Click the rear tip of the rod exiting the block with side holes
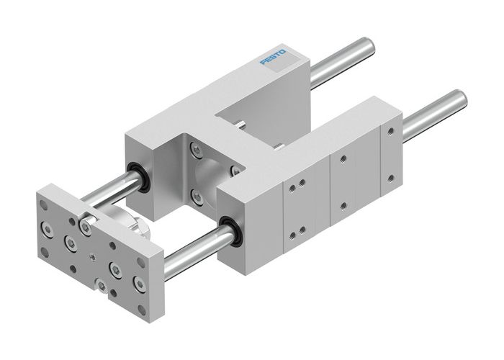457,98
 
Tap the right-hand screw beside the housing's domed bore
234,170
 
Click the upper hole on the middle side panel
343,160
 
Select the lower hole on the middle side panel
345,206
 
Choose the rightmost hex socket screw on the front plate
138,287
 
